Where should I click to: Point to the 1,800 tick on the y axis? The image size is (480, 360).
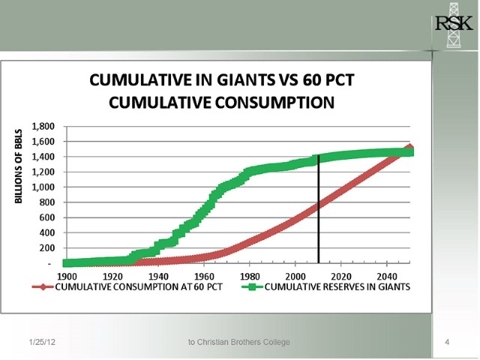coord(42,126)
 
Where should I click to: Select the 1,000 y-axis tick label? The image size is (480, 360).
coord(42,187)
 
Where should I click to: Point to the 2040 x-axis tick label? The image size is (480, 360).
coord(387,276)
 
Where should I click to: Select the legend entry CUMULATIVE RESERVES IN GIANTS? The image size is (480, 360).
coord(337,288)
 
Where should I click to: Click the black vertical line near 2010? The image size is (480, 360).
coord(319,210)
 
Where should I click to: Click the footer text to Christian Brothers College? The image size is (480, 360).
coord(239,343)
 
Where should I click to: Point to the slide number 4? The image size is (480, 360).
coord(447,343)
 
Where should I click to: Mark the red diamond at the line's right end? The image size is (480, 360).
coord(409,148)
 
